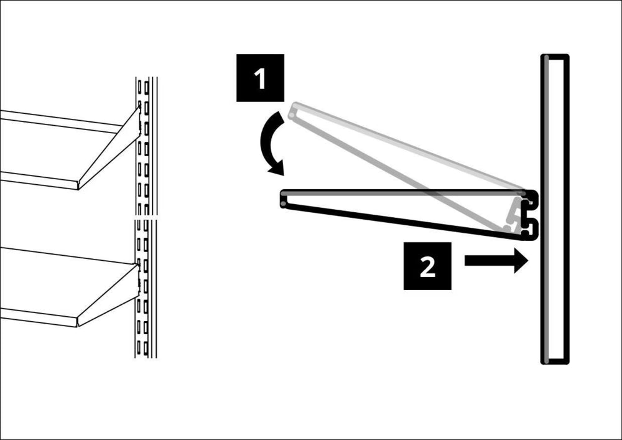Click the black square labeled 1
(x=260, y=78)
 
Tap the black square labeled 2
(x=427, y=266)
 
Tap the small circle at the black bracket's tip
(x=285, y=202)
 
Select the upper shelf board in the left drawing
(x=62, y=146)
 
